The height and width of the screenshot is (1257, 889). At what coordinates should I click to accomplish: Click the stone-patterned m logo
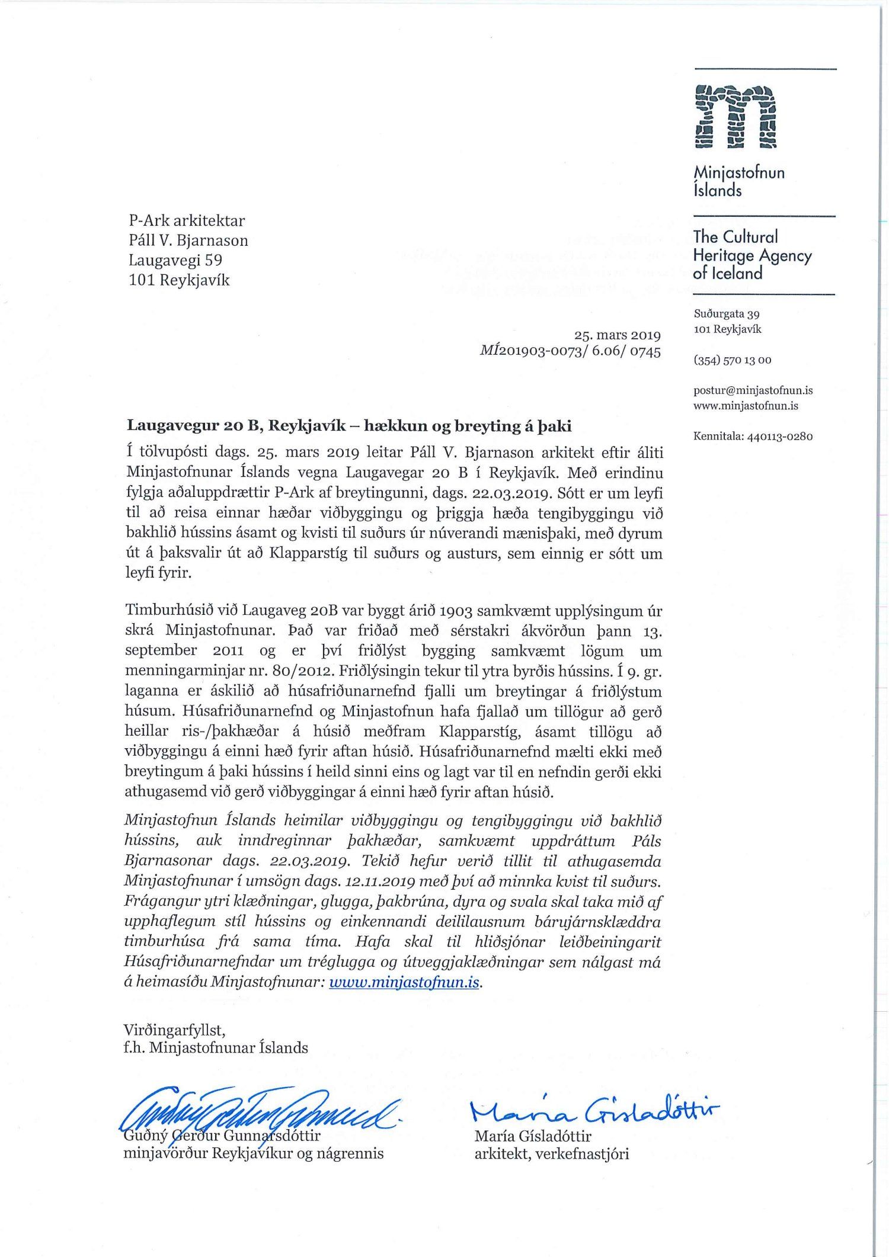click(735, 117)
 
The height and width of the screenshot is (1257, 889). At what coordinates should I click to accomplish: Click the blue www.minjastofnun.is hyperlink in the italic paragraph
click(404, 982)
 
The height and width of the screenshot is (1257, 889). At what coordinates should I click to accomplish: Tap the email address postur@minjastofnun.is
click(753, 390)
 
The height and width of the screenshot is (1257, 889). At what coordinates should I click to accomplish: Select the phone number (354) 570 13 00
click(733, 360)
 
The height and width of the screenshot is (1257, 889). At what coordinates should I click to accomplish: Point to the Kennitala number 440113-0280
click(780, 437)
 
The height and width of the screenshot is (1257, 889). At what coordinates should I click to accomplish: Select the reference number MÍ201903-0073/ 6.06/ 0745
click(570, 351)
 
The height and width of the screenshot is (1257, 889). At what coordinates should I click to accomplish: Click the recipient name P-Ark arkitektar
click(187, 221)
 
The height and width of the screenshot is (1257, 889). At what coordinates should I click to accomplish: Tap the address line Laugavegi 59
click(175, 260)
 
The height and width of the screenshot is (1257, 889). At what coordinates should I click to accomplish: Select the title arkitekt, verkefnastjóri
click(551, 1154)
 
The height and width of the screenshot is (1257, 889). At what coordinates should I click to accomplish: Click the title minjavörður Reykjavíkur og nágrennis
click(253, 1154)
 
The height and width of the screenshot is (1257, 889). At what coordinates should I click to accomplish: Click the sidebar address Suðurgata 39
click(727, 314)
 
